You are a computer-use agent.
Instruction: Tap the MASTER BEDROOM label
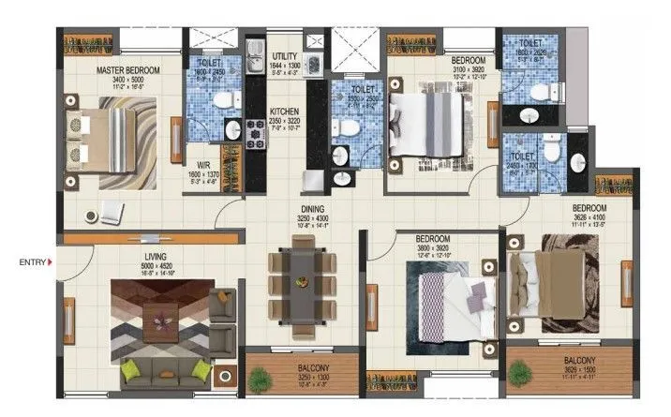coord(129,70)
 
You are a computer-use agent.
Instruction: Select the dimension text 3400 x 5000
coord(129,81)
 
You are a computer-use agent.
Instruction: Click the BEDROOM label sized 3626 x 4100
coord(589,207)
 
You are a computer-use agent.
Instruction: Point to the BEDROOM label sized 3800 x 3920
coord(433,239)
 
